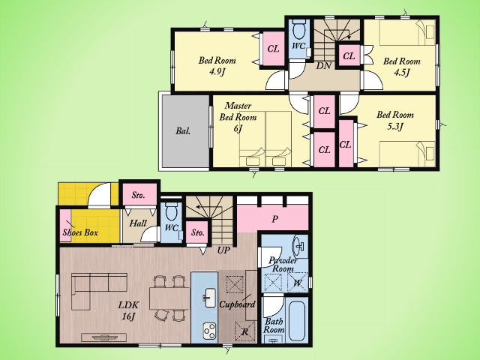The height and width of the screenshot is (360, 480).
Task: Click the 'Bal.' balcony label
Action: pos(183,131)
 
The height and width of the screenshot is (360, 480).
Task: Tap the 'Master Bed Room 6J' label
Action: pos(238,117)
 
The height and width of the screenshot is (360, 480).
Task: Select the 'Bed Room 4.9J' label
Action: pos(217,66)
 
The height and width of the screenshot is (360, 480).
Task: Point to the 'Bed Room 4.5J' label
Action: pos(402,67)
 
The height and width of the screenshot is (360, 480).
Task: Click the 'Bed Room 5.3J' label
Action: pos(395,120)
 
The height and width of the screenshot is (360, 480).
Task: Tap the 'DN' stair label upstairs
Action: pos(323,65)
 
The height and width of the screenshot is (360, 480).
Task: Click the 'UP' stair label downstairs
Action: pos(223,250)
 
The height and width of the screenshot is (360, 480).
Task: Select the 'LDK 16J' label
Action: pos(128,310)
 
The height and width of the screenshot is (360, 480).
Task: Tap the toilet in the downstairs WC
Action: pos(171,211)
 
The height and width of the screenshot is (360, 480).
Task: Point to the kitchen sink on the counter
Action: pos(210,298)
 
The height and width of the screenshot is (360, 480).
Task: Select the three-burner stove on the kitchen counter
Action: pos(210,331)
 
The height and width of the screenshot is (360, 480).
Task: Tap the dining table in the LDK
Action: pos(170,298)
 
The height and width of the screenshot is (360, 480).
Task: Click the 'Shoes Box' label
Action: pos(80,232)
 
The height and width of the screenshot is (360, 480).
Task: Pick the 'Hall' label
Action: pos(138,223)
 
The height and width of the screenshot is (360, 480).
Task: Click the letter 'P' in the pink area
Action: pos(275,219)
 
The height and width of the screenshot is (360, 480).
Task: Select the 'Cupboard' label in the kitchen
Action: pos(237,304)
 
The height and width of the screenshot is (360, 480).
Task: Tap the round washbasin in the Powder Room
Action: pos(298,245)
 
